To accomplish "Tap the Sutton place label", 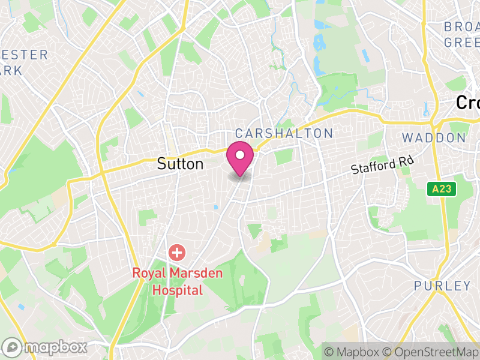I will click(180, 164).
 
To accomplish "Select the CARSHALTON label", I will click(284, 133).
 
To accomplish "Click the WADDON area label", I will click(434, 138).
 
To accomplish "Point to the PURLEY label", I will click(443, 286).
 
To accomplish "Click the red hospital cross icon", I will click(177, 253).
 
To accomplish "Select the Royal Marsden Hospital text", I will click(177, 282).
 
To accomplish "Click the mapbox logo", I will click(45, 347).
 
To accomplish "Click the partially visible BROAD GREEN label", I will click(462, 35).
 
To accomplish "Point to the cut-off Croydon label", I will click(468, 103).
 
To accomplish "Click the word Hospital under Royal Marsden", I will click(177, 290).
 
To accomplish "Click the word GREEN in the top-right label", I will click(462, 43).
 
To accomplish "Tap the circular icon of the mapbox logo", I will click(12, 347).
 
